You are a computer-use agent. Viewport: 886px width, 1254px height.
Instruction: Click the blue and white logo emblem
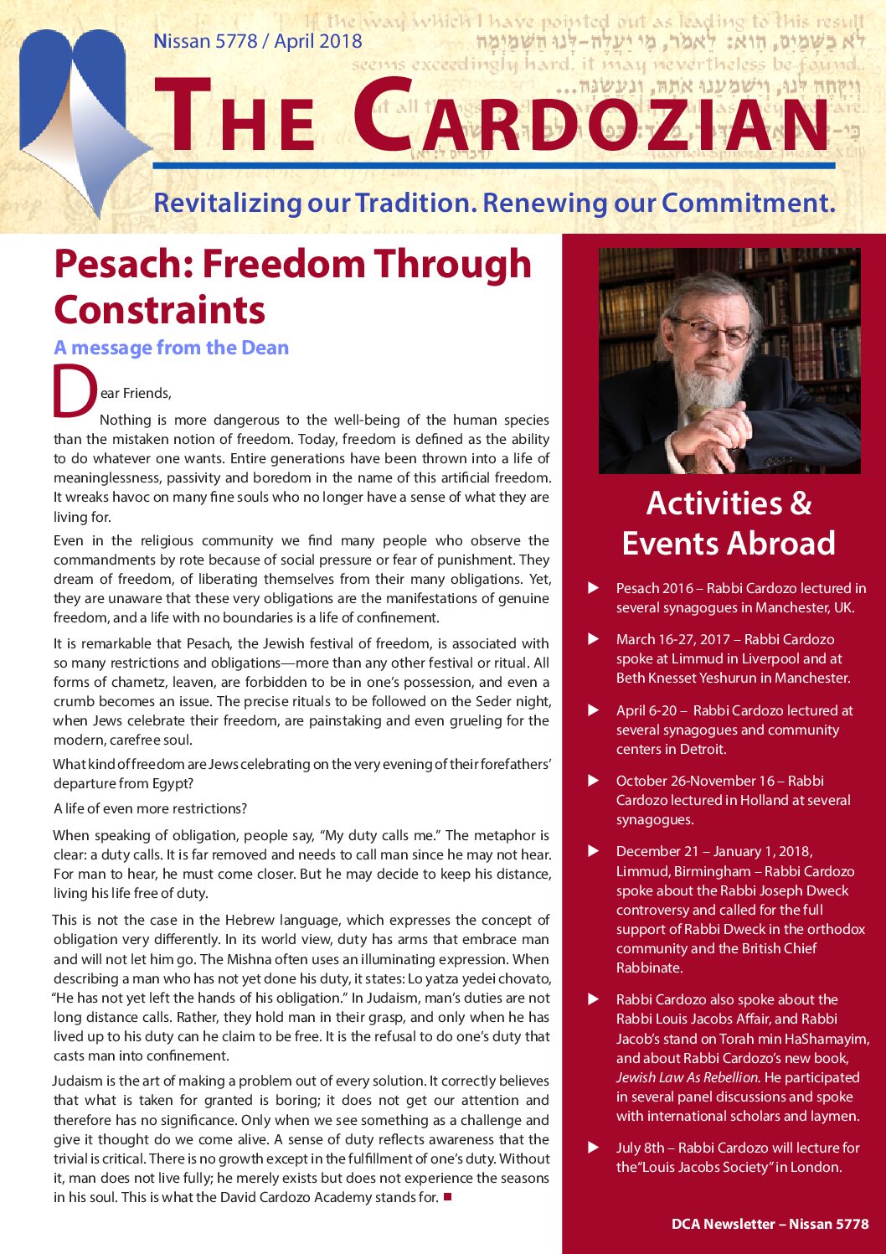pyautogui.click(x=80, y=126)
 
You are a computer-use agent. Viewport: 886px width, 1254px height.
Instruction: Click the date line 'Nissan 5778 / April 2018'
pyautogui.click(x=258, y=41)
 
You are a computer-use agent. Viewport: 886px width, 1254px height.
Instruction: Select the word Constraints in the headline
pyautogui.click(x=159, y=310)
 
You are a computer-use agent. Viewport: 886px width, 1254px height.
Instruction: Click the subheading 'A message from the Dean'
pyautogui.click(x=171, y=348)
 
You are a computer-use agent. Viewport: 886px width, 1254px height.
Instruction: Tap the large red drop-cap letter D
pyautogui.click(x=75, y=390)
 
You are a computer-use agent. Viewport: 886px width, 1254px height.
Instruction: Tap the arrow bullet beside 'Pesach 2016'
pyautogui.click(x=594, y=588)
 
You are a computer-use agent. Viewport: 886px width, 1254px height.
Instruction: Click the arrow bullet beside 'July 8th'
pyautogui.click(x=594, y=1148)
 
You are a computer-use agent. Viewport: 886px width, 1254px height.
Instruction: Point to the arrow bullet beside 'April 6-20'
pyautogui.click(x=594, y=710)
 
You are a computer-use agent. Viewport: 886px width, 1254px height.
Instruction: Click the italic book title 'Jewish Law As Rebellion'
pyautogui.click(x=687, y=1077)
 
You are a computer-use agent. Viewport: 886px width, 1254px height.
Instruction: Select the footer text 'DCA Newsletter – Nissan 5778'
pyautogui.click(x=770, y=1224)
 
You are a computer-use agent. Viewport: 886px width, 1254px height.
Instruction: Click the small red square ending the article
pyautogui.click(x=448, y=1196)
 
